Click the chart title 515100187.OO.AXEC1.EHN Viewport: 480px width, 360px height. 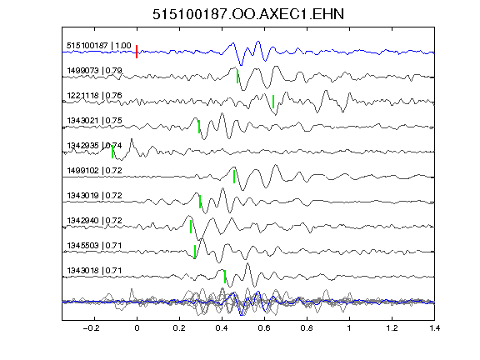tap(248, 14)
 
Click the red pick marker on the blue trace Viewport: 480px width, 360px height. tap(137, 52)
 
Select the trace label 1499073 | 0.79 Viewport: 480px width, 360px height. tap(95, 71)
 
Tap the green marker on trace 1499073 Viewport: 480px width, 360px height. tap(237, 77)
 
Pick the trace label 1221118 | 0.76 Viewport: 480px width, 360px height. tap(95, 96)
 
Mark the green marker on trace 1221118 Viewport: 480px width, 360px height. tap(273, 102)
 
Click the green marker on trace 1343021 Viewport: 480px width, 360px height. tap(199, 127)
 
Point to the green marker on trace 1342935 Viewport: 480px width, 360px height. tap(112, 152)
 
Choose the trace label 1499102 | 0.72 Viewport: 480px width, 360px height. tap(95, 171)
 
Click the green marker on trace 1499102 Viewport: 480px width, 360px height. tap(234, 177)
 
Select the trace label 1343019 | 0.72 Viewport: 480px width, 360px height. tap(95, 196)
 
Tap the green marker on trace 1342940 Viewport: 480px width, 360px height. tap(191, 227)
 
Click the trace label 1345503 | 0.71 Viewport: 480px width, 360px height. tap(95, 246)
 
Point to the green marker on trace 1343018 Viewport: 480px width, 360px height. tap(225, 277)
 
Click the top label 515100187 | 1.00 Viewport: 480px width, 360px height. tap(99, 46)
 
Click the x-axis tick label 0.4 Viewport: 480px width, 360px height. tap(222, 328)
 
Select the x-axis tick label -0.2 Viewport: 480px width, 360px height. tap(92, 328)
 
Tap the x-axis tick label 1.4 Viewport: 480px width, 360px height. tap(434, 328)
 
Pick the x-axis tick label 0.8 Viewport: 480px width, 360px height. tap(307, 328)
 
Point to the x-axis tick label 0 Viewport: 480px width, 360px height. tap(137, 328)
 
